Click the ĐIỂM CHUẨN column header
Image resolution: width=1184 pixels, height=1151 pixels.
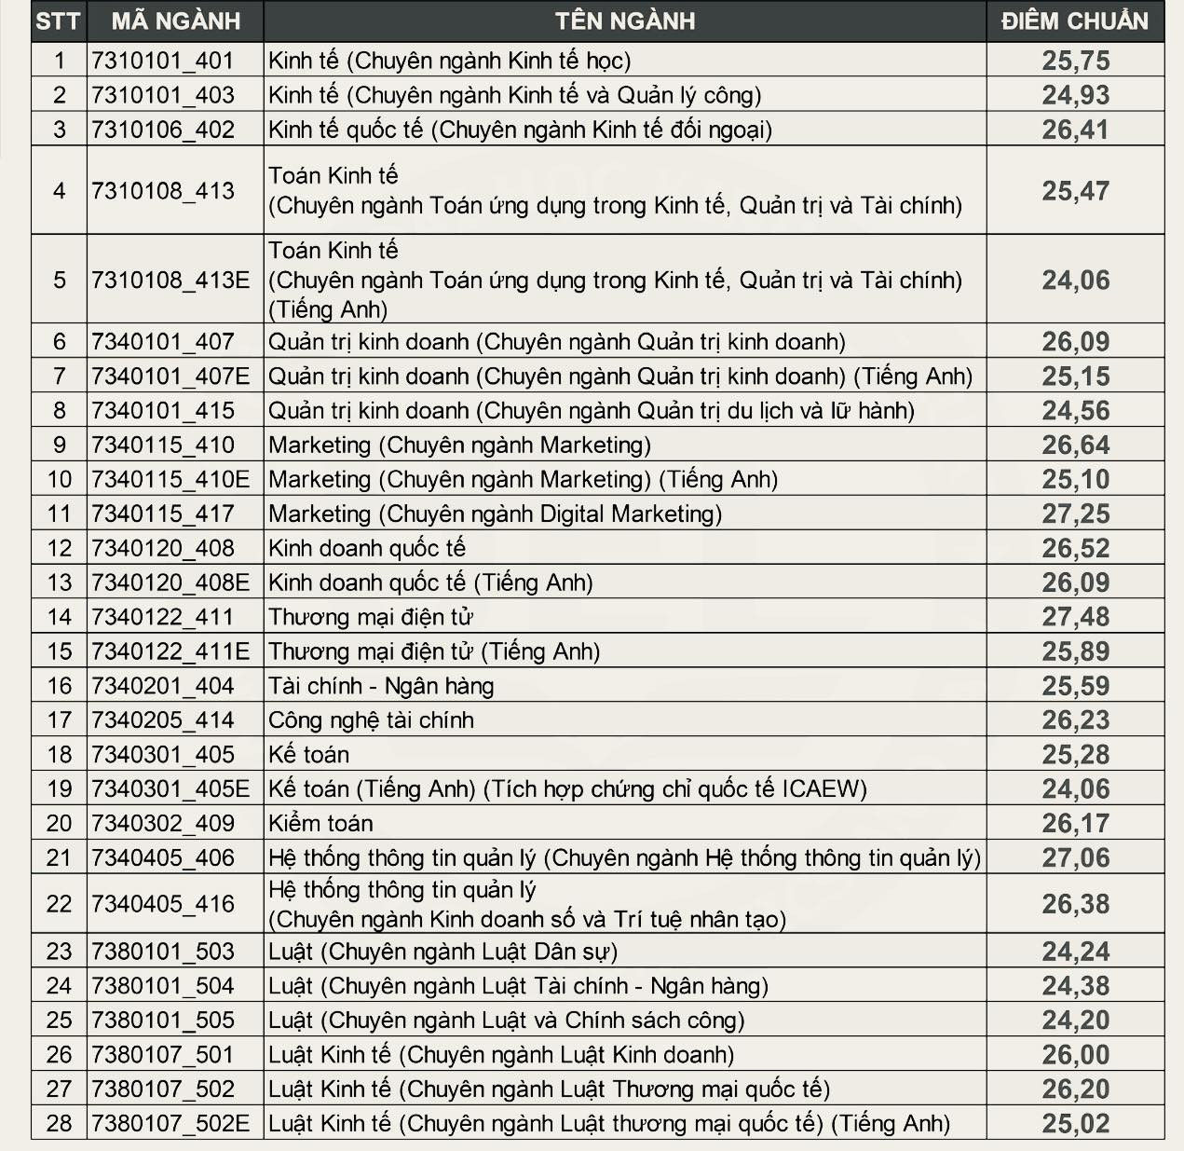1074,21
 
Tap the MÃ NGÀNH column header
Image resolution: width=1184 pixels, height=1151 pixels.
175,21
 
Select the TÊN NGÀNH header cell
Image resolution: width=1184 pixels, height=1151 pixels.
624,21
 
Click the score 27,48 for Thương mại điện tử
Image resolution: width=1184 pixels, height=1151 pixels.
1075,617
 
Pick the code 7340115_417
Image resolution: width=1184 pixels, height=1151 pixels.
163,514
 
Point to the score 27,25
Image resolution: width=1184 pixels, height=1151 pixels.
1075,514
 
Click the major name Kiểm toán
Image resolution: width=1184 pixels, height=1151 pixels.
320,824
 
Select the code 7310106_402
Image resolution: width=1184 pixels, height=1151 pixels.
163,130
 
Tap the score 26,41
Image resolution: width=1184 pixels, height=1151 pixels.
1075,130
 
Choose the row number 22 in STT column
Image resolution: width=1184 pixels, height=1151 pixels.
59,904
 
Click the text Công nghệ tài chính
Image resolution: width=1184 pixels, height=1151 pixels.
371,720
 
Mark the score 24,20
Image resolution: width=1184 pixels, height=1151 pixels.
1075,1021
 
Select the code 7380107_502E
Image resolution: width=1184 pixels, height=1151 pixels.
170,1124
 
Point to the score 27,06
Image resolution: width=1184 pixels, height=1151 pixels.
1075,857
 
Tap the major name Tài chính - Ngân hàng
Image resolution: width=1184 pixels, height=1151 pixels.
381,686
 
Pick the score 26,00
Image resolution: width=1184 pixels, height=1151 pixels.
1075,1055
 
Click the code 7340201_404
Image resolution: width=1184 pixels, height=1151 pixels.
163,686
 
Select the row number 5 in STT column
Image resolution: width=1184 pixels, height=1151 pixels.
59,280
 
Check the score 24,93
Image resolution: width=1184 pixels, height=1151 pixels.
1075,95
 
